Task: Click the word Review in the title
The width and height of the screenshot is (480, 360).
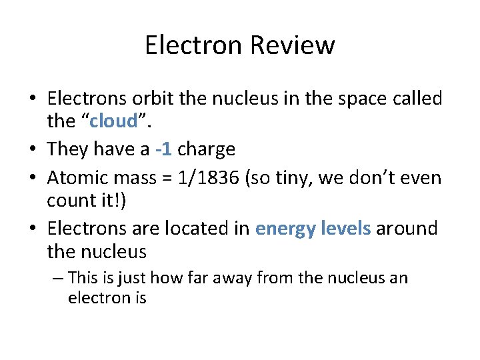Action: [293, 45]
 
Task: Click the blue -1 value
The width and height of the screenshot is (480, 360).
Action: [163, 149]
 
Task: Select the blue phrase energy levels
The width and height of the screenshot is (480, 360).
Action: [313, 229]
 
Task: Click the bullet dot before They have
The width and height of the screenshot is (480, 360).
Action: [33, 149]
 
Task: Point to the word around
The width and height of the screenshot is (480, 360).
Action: [407, 229]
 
